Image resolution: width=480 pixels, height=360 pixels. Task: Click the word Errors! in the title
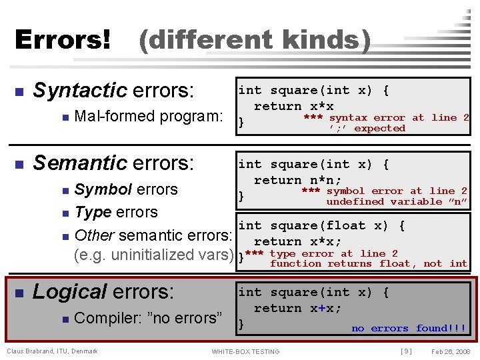click(63, 41)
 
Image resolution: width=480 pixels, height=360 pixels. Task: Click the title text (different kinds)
click(254, 41)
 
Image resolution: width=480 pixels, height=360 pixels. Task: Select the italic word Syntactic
click(80, 90)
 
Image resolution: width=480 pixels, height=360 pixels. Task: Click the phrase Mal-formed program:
click(149, 117)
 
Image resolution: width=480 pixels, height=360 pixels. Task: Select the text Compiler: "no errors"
click(149, 318)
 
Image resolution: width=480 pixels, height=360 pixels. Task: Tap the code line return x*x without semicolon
click(293, 106)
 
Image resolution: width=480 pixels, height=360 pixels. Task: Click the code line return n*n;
click(297, 180)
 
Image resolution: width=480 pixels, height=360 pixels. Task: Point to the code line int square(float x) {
click(321, 226)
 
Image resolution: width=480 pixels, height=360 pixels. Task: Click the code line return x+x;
click(297, 308)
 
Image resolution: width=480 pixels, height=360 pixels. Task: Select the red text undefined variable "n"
click(396, 201)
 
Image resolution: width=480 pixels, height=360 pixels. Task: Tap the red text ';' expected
click(367, 128)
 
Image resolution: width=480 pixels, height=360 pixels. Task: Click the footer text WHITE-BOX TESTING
click(245, 351)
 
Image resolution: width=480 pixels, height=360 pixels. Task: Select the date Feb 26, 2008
click(451, 351)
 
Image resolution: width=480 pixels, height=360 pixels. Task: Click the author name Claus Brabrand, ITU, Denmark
click(52, 351)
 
